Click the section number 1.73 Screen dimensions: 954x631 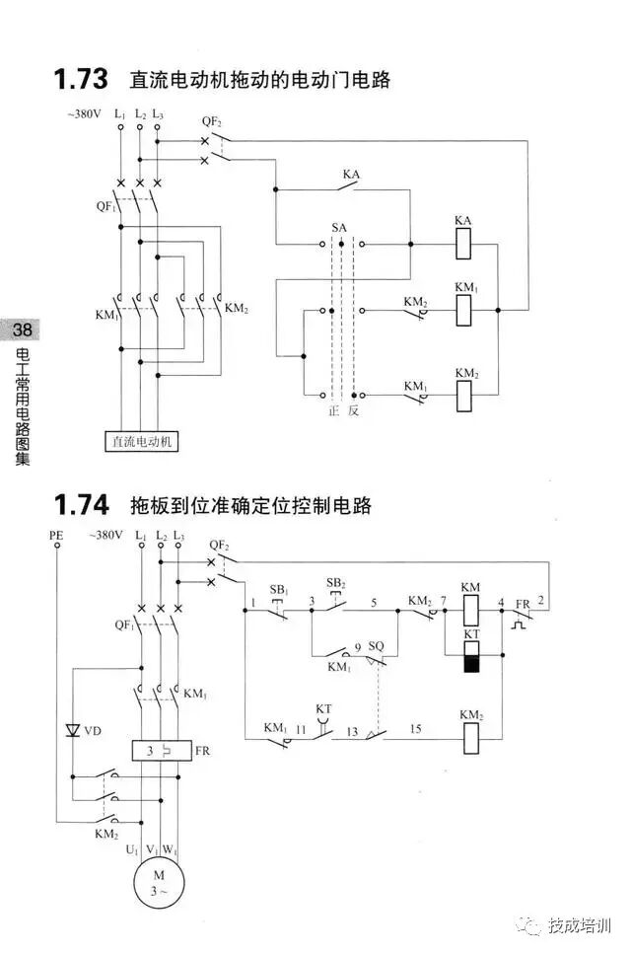82,79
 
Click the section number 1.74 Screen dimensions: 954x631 82,505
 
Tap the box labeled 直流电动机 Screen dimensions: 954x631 142,441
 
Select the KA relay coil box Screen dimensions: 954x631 466,242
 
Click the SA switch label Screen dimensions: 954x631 338,228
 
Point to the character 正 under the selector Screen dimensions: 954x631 333,411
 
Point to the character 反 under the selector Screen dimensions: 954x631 353,411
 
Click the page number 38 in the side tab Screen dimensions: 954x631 18,330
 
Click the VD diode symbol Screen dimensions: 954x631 72,730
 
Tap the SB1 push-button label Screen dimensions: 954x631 280,589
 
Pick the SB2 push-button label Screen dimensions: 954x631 337,583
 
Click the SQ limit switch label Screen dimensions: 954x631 375,646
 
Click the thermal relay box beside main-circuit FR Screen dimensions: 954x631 158,751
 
